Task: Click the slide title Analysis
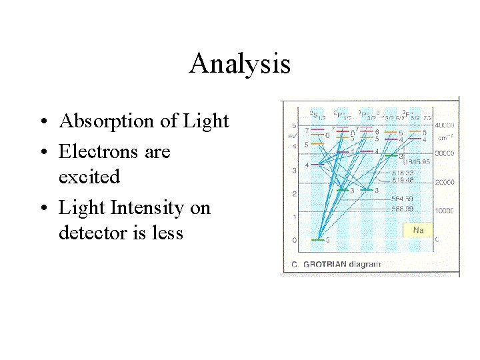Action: [x=239, y=64]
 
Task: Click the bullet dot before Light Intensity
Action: [x=42, y=209]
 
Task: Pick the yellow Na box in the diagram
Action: [x=417, y=230]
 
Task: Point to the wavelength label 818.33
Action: [x=404, y=173]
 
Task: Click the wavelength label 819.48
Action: [x=404, y=179]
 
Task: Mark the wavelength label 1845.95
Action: [x=415, y=162]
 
